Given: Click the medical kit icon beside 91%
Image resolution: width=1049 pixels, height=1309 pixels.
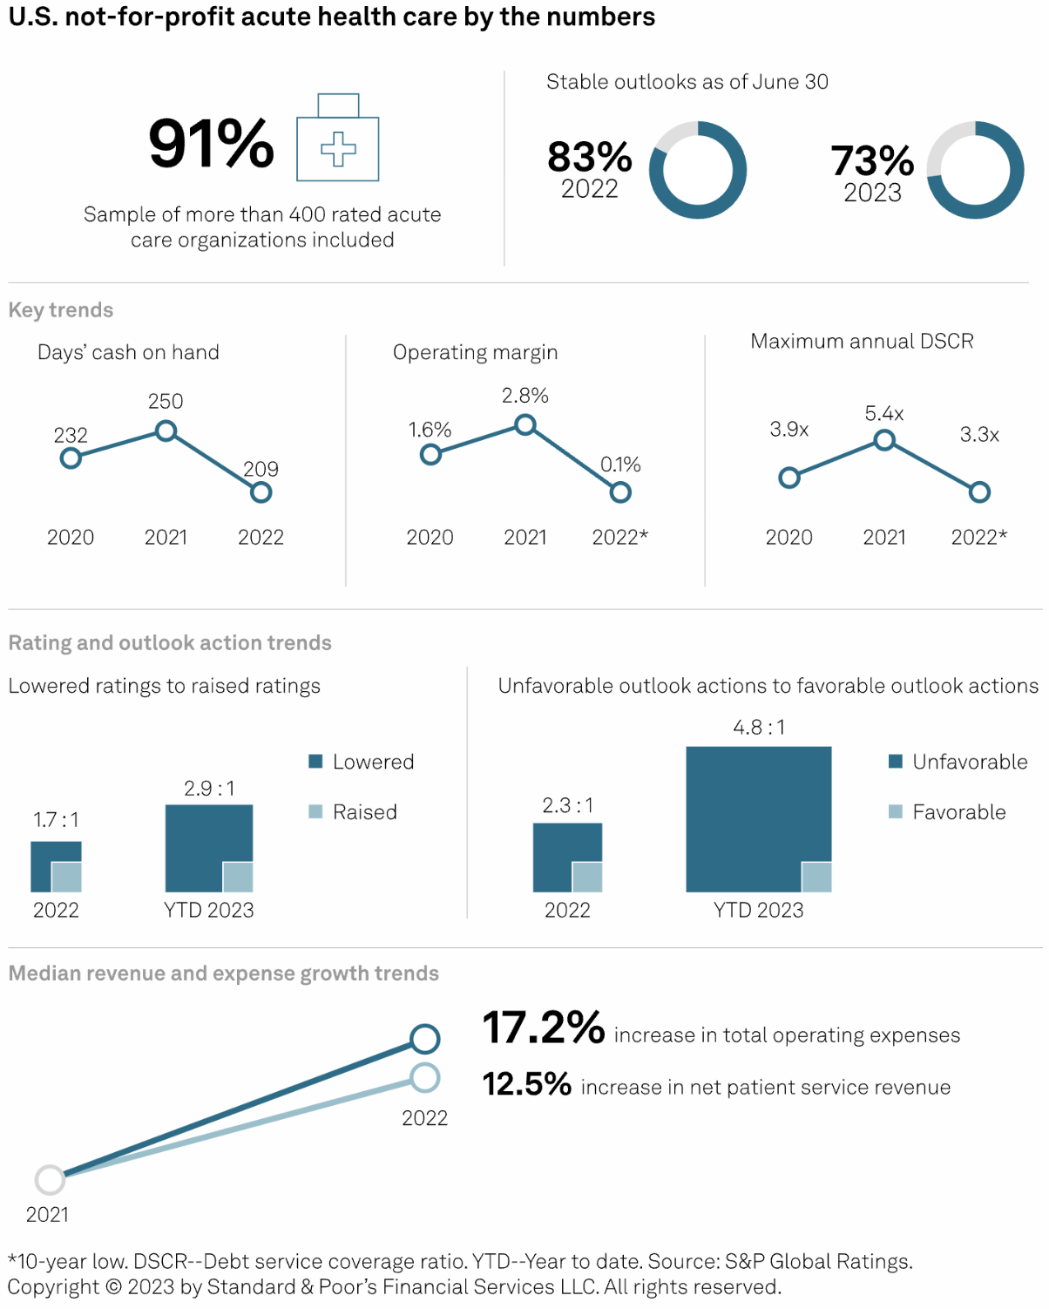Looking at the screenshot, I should [x=338, y=139].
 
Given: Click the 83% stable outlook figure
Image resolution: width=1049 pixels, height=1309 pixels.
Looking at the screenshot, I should [x=590, y=158].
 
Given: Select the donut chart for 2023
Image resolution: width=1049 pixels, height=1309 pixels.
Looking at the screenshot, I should [x=975, y=170].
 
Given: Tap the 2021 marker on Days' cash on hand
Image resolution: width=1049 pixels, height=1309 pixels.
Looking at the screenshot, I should [x=166, y=431].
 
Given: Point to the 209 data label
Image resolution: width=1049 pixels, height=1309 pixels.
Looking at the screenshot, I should [x=261, y=469].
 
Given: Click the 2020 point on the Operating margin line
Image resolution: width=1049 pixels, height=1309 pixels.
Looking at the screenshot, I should [x=430, y=454].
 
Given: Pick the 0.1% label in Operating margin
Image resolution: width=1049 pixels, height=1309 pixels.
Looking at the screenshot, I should [x=620, y=465].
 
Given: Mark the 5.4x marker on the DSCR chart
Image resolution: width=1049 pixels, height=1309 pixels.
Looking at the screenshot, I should [x=884, y=440].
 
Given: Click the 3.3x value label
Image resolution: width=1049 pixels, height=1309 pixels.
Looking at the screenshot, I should [x=979, y=434].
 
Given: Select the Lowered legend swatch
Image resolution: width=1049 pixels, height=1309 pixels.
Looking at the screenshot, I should [x=315, y=762].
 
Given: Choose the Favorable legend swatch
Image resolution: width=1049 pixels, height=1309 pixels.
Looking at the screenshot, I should [x=895, y=812].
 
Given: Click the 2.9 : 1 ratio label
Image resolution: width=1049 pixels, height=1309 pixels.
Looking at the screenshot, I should [x=209, y=789].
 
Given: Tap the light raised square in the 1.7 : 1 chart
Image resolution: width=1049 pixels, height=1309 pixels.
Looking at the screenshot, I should [x=66, y=877].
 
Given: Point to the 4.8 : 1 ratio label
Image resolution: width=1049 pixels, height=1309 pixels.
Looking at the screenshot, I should [x=759, y=728].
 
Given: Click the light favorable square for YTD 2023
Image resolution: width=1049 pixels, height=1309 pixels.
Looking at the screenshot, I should [x=816, y=877].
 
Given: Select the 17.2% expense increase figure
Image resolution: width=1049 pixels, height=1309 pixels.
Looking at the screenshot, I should [x=544, y=1028].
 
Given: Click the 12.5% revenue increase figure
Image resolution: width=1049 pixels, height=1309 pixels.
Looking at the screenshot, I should [x=527, y=1084].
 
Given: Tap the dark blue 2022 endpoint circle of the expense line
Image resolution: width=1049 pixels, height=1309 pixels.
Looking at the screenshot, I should [x=424, y=1039].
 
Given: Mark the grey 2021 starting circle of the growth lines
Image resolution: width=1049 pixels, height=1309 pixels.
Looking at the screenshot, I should [x=50, y=1180].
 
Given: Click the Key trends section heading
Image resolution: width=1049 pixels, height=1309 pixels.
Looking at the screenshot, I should [x=61, y=310].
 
